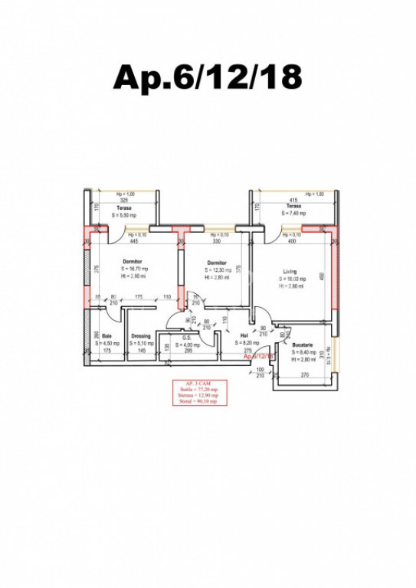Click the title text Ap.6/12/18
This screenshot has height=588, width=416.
tap(208, 77)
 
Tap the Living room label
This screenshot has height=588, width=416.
tap(289, 271)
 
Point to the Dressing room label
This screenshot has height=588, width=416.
tap(140, 336)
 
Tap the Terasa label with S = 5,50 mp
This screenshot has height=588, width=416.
tap(123, 207)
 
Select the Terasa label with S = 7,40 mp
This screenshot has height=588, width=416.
tap(293, 207)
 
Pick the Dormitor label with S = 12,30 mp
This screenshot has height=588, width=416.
tap(217, 263)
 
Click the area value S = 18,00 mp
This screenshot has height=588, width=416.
tap(290, 279)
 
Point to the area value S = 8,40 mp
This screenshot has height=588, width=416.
tap(302, 352)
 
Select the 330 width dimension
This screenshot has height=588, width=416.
tap(216, 241)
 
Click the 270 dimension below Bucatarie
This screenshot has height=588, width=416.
tap(303, 375)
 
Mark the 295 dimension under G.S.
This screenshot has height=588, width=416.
tap(186, 351)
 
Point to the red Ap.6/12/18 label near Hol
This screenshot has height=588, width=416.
tap(259, 357)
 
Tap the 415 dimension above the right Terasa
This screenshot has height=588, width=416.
tap(293, 200)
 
